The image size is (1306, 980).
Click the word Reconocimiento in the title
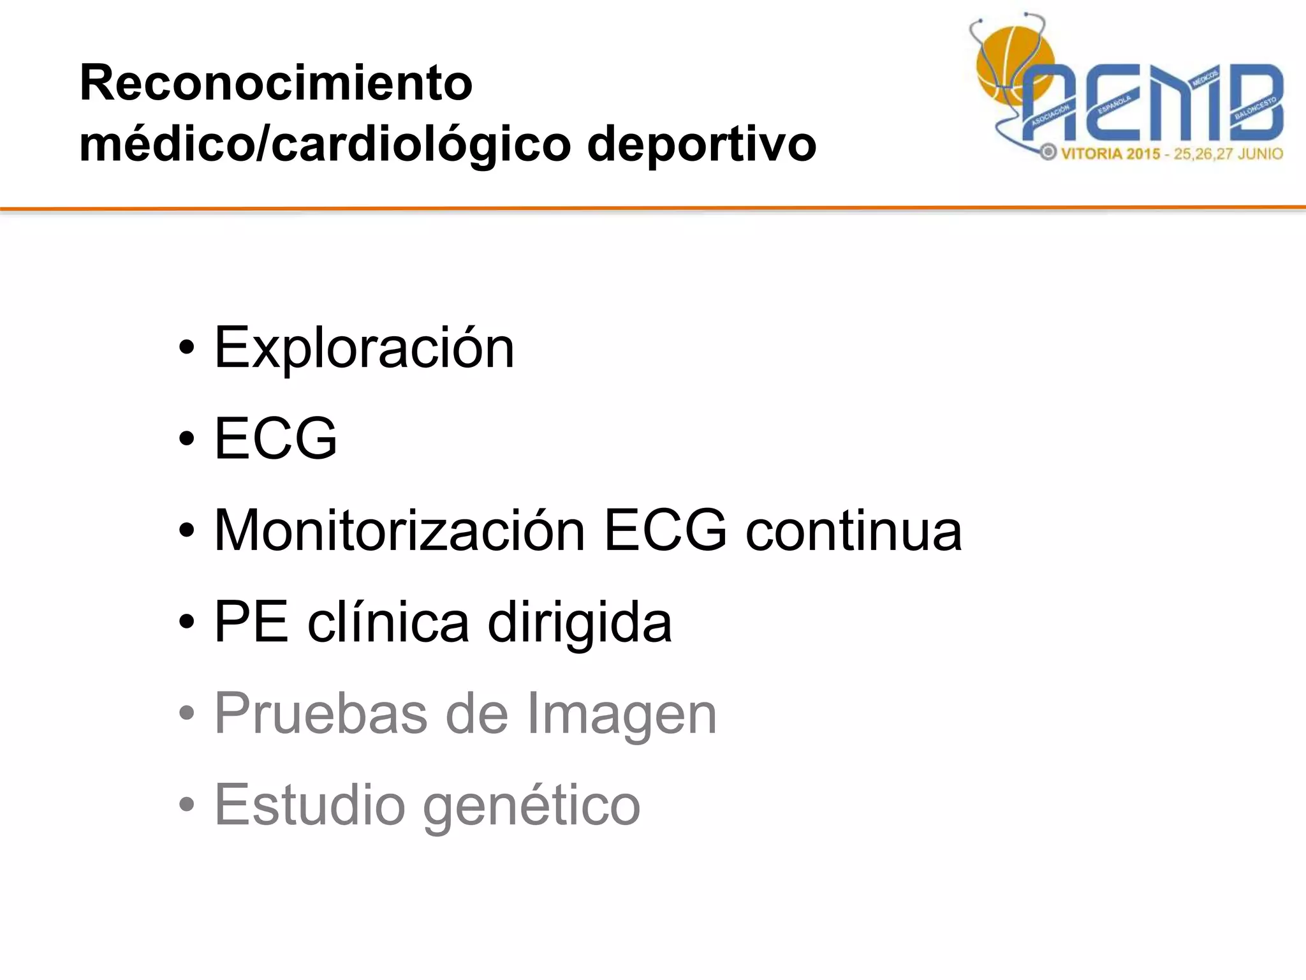click(x=275, y=83)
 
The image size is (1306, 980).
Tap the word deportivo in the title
click(x=701, y=144)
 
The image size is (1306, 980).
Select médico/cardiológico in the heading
click(x=325, y=144)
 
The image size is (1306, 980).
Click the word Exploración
click(x=363, y=348)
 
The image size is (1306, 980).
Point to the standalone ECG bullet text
click(x=275, y=439)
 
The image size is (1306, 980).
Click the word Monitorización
click(x=399, y=530)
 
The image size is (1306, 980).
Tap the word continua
click(x=853, y=531)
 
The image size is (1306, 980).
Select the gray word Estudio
click(x=309, y=805)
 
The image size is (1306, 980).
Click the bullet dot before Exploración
click(x=186, y=349)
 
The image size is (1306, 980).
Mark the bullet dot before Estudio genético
click(x=186, y=806)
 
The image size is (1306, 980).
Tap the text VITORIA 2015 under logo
click(x=1110, y=154)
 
